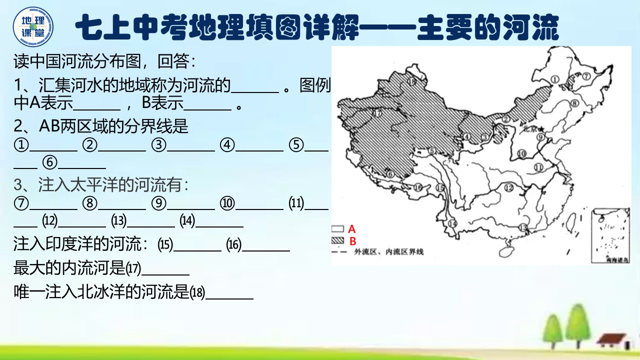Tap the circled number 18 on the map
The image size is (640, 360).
[411, 81]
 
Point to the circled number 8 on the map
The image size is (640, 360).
[574, 103]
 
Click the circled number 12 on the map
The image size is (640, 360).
[509, 188]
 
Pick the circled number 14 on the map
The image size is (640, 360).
[453, 223]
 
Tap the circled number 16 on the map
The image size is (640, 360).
[418, 188]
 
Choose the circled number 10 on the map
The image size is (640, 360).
[522, 154]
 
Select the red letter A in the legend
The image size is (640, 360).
[351, 229]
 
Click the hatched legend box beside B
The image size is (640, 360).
[338, 241]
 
